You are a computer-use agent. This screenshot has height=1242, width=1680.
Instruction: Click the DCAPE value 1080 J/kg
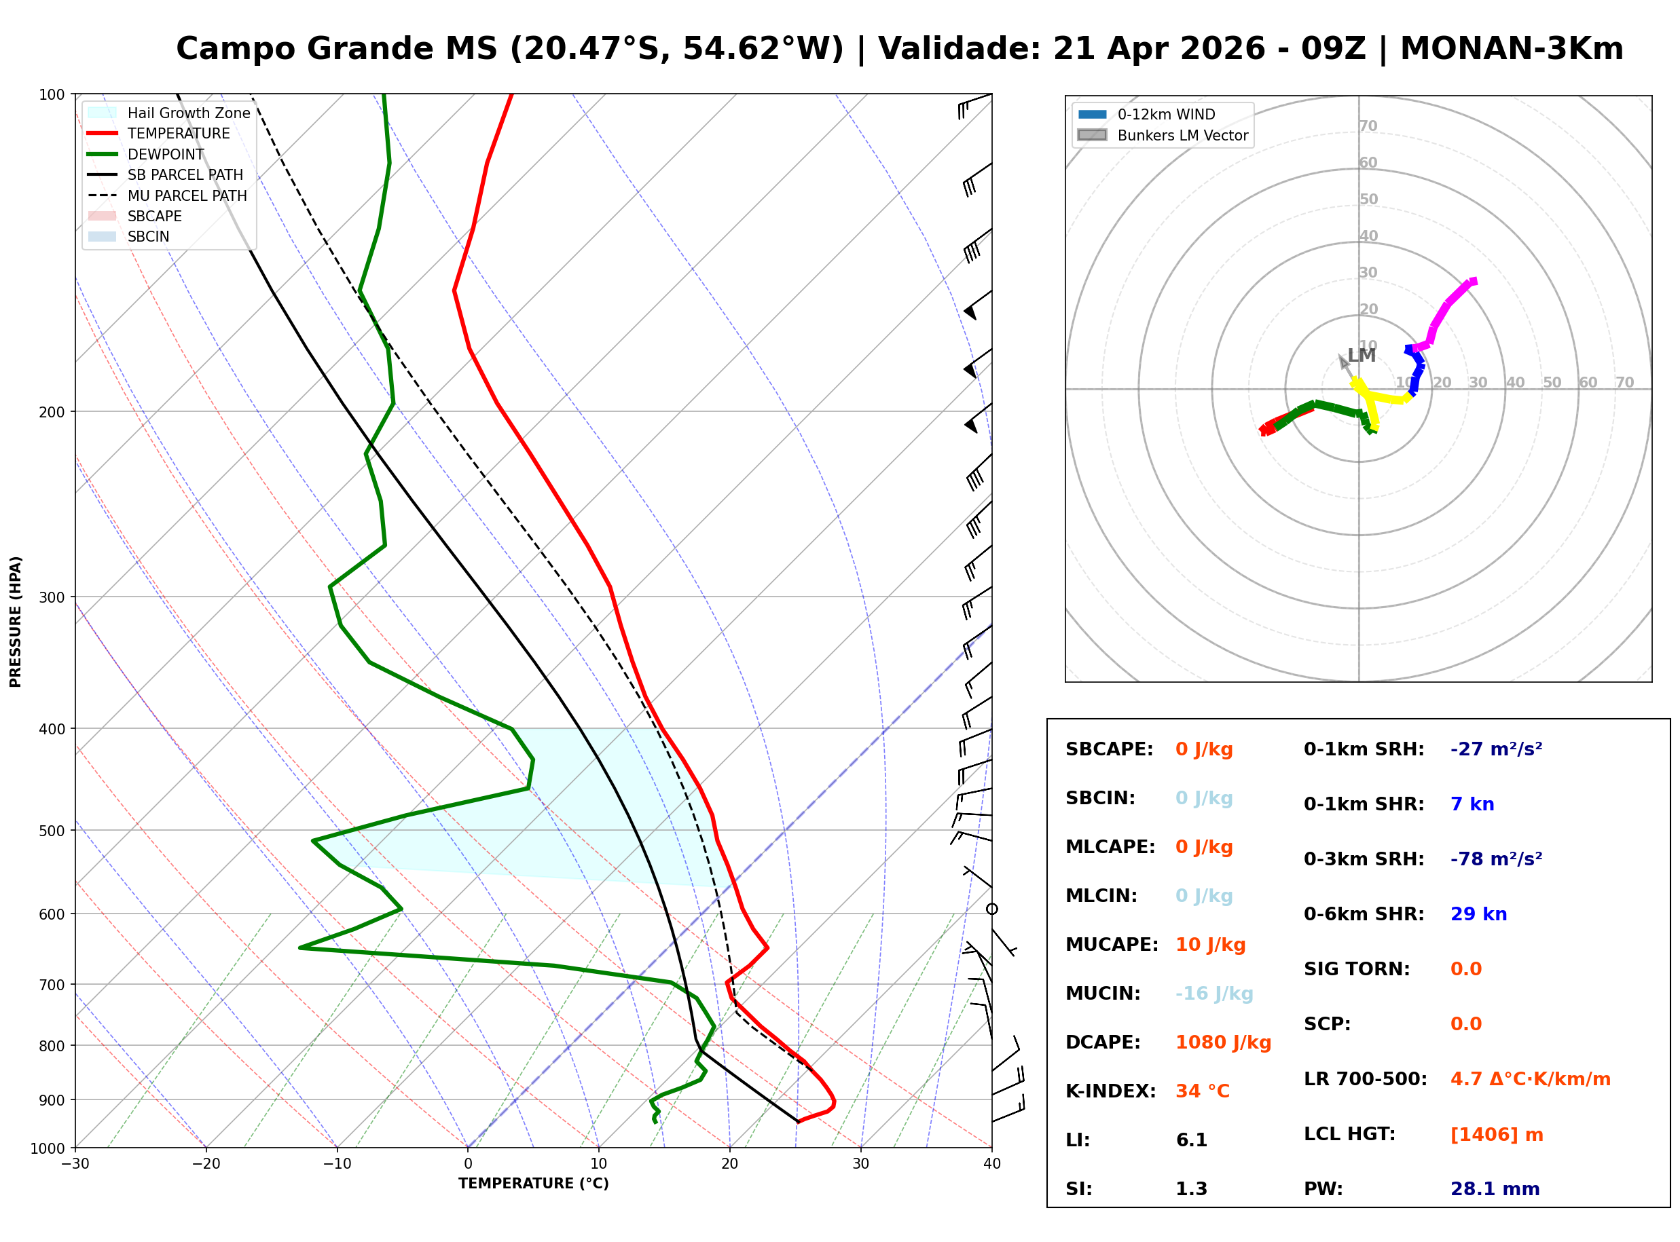1223,1042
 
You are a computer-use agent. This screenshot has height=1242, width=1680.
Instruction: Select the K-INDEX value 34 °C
1202,1091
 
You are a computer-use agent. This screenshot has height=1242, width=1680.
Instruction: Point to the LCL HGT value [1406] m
1496,1135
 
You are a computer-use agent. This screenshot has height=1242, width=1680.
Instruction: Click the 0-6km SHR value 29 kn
1478,914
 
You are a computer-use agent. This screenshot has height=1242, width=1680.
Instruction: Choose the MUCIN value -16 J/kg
1213,993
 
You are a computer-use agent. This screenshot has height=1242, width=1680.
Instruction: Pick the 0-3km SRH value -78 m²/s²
1496,859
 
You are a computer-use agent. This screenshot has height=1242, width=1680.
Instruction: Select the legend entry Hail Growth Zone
188,113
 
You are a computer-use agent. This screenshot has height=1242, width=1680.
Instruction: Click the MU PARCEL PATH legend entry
187,195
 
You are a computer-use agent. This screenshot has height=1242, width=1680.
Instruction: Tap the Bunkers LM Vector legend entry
1182,135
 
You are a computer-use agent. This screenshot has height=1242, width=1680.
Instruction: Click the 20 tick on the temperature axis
729,1164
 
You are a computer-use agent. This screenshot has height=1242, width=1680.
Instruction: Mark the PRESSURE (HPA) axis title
16,622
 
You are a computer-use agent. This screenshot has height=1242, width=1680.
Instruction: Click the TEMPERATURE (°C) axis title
533,1184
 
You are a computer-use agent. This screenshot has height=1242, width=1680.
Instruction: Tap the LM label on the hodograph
1361,356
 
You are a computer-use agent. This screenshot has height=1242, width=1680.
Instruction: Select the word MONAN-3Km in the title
1511,49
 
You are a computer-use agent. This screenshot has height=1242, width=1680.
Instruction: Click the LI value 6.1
1191,1140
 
